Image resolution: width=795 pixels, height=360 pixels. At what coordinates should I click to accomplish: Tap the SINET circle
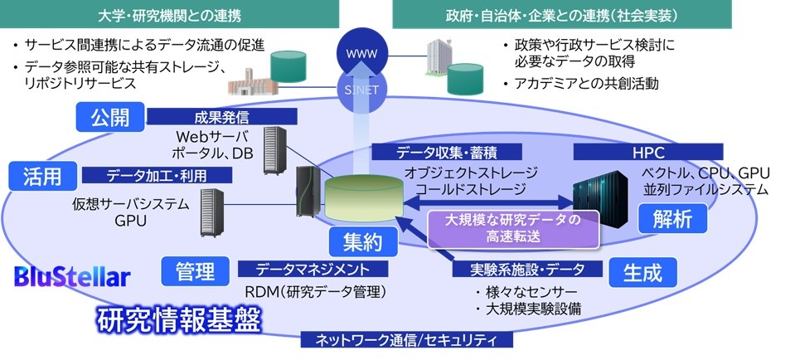(356, 86)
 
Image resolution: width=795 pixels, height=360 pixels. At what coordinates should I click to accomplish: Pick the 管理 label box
(196, 270)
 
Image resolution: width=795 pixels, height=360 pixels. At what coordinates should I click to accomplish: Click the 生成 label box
(642, 271)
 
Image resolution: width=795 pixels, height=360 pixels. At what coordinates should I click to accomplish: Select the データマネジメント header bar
(313, 269)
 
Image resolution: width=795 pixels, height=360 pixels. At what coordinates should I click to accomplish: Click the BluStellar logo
(72, 277)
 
